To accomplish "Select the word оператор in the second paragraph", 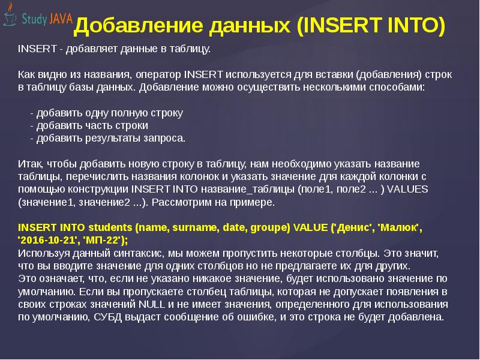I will [x=158, y=75].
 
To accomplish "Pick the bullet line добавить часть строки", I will [x=89, y=125].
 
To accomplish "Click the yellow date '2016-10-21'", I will [x=43, y=240].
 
